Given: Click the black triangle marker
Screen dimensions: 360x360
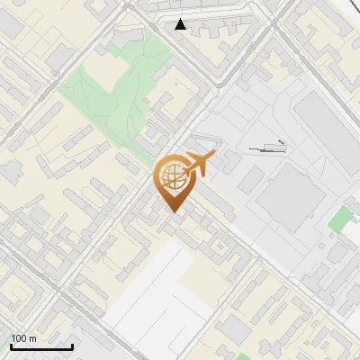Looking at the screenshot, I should [181, 24].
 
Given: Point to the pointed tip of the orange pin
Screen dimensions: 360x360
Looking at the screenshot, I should [172, 211].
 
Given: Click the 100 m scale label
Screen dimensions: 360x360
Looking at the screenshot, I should [23, 338].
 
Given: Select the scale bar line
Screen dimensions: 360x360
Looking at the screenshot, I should [41, 346].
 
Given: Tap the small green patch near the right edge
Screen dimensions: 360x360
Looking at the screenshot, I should [340, 219].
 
